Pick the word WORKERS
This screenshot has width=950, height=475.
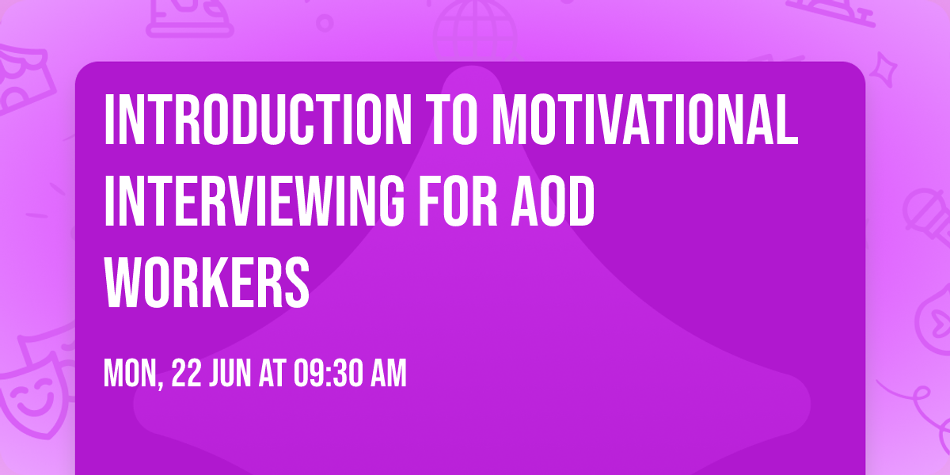click(x=207, y=280)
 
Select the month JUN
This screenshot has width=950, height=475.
click(x=230, y=374)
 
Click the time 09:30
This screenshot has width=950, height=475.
click(x=331, y=374)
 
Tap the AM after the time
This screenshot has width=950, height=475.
click(x=389, y=374)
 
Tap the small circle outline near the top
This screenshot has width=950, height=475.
click(x=324, y=22)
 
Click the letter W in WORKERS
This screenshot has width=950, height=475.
click(x=123, y=280)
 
